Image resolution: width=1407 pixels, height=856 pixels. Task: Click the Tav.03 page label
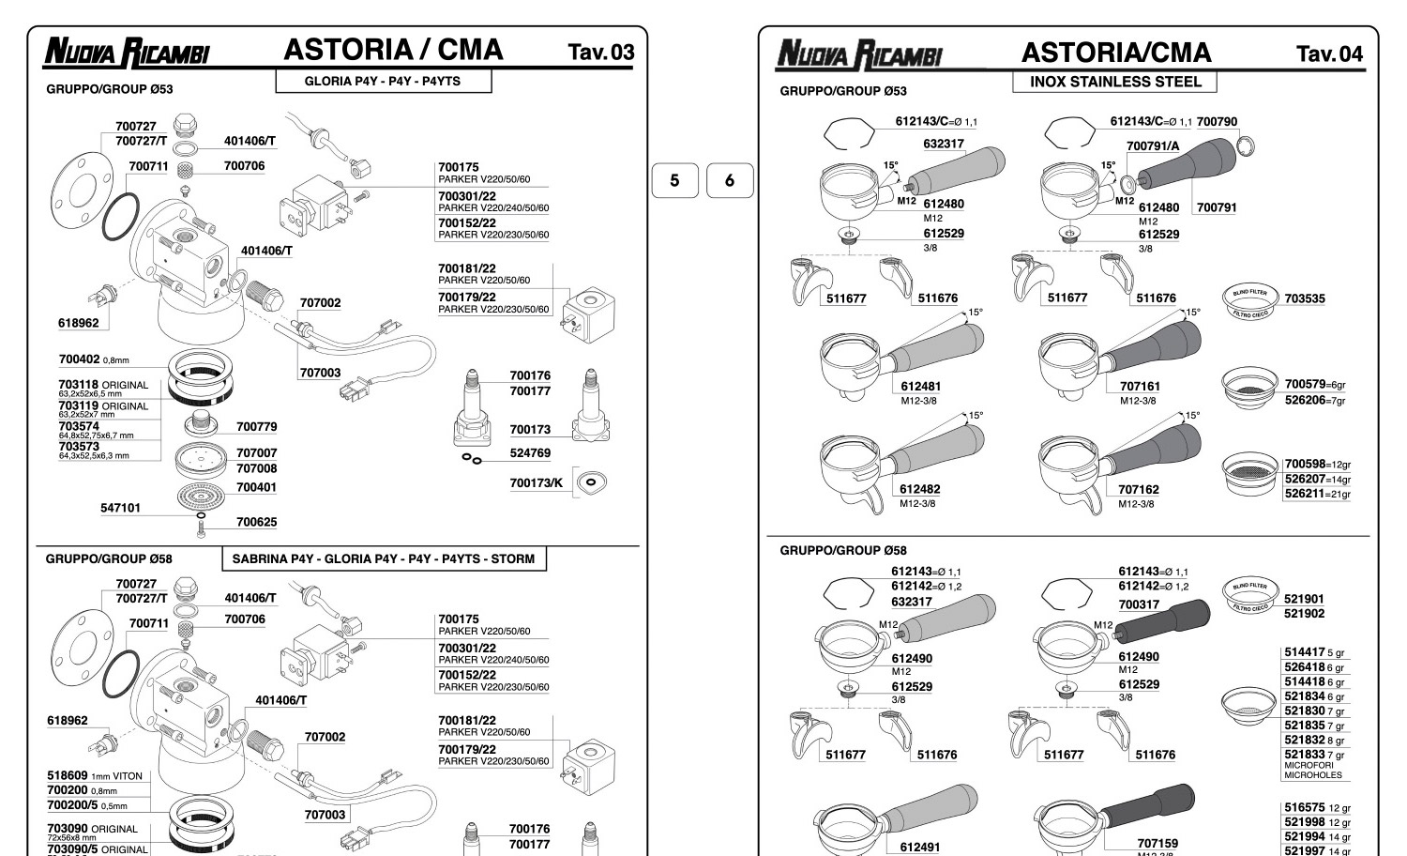(x=600, y=53)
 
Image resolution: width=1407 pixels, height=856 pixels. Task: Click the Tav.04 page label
(x=1329, y=53)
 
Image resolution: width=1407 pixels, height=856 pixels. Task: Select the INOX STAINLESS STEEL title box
(x=1114, y=82)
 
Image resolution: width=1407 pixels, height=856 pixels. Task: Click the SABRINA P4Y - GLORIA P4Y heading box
(x=384, y=559)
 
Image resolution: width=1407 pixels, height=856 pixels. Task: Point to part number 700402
(x=79, y=359)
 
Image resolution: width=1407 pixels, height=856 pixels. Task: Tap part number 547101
(x=120, y=508)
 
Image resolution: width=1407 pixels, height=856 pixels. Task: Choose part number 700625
(x=256, y=522)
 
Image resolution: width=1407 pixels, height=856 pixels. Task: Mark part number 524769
(x=530, y=453)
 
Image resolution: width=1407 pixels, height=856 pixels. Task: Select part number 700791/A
(x=1153, y=145)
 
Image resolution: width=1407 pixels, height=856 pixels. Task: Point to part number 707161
(x=1139, y=386)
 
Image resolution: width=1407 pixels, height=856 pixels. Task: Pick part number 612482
(x=919, y=489)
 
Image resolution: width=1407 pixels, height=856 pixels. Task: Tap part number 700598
(x=1305, y=464)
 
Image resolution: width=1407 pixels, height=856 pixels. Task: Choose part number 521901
(x=1304, y=599)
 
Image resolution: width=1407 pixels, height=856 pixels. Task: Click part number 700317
(x=1139, y=605)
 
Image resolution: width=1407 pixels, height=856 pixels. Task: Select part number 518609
(x=67, y=776)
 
